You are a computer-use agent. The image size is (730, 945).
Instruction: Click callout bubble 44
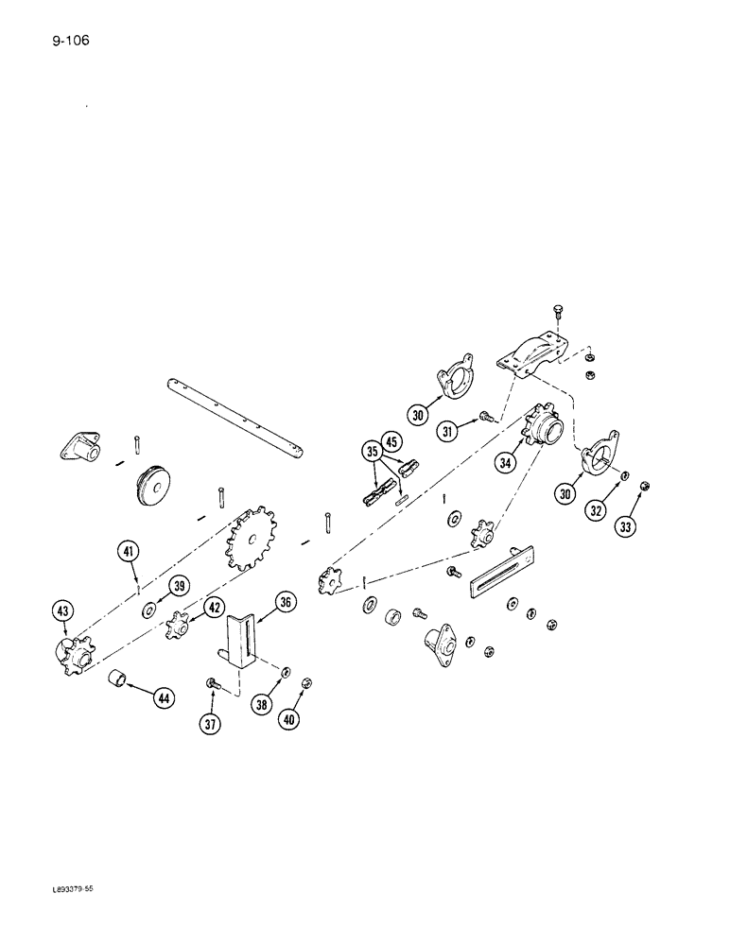pyautogui.click(x=165, y=698)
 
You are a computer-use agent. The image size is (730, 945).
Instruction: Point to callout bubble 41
pyautogui.click(x=129, y=551)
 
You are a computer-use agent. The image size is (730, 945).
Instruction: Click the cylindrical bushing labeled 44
pyautogui.click(x=118, y=679)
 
